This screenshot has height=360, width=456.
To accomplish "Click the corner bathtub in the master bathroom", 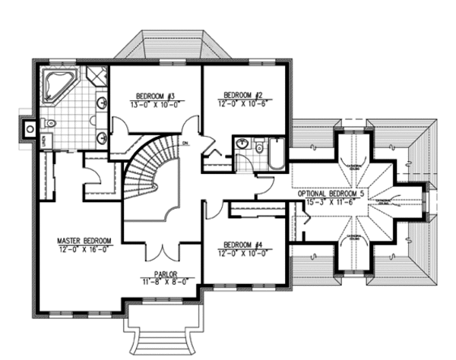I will (x=54, y=84).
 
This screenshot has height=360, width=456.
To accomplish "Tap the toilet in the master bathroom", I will (x=51, y=122).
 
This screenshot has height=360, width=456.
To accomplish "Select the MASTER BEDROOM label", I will (x=84, y=241).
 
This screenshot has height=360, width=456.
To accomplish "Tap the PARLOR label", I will (x=165, y=274).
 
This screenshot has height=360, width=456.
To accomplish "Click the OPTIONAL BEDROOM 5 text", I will (x=331, y=194).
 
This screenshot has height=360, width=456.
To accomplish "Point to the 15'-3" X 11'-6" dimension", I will (x=331, y=203).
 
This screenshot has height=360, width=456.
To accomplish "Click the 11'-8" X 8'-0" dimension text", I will (x=165, y=283).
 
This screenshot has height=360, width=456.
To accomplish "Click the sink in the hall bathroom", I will (x=243, y=144).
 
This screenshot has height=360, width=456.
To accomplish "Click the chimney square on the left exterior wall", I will (x=30, y=128).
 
